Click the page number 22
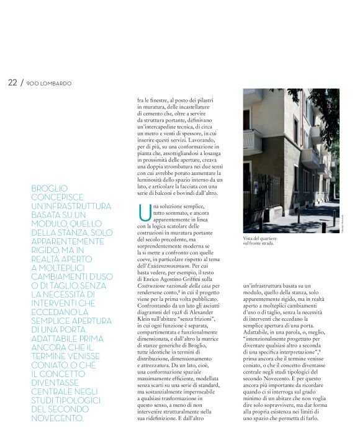click(x=12, y=83)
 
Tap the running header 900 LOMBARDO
click(x=49, y=83)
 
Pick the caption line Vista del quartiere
click(x=259, y=238)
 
